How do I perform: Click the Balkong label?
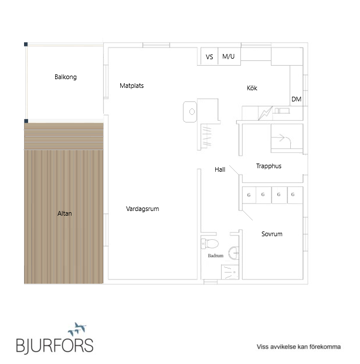coord(66,77)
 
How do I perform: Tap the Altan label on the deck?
coord(64,213)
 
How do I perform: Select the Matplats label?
coord(132,86)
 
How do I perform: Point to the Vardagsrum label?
coord(142,209)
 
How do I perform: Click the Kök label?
coord(252,88)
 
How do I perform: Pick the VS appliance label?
coord(209,57)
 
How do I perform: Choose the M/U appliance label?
coord(228,56)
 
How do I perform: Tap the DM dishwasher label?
coord(296,99)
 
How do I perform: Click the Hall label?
coord(220,169)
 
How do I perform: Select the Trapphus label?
coord(269,166)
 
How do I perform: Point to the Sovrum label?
coord(271,234)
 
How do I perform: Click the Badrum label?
coord(216,256)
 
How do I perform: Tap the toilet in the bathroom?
coord(210,244)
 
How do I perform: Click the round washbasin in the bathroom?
coord(234,253)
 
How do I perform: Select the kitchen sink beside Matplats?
coord(190,111)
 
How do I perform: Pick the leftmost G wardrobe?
coord(249,195)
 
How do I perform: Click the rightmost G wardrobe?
coord(295,195)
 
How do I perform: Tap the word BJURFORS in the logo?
coord(55,345)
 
